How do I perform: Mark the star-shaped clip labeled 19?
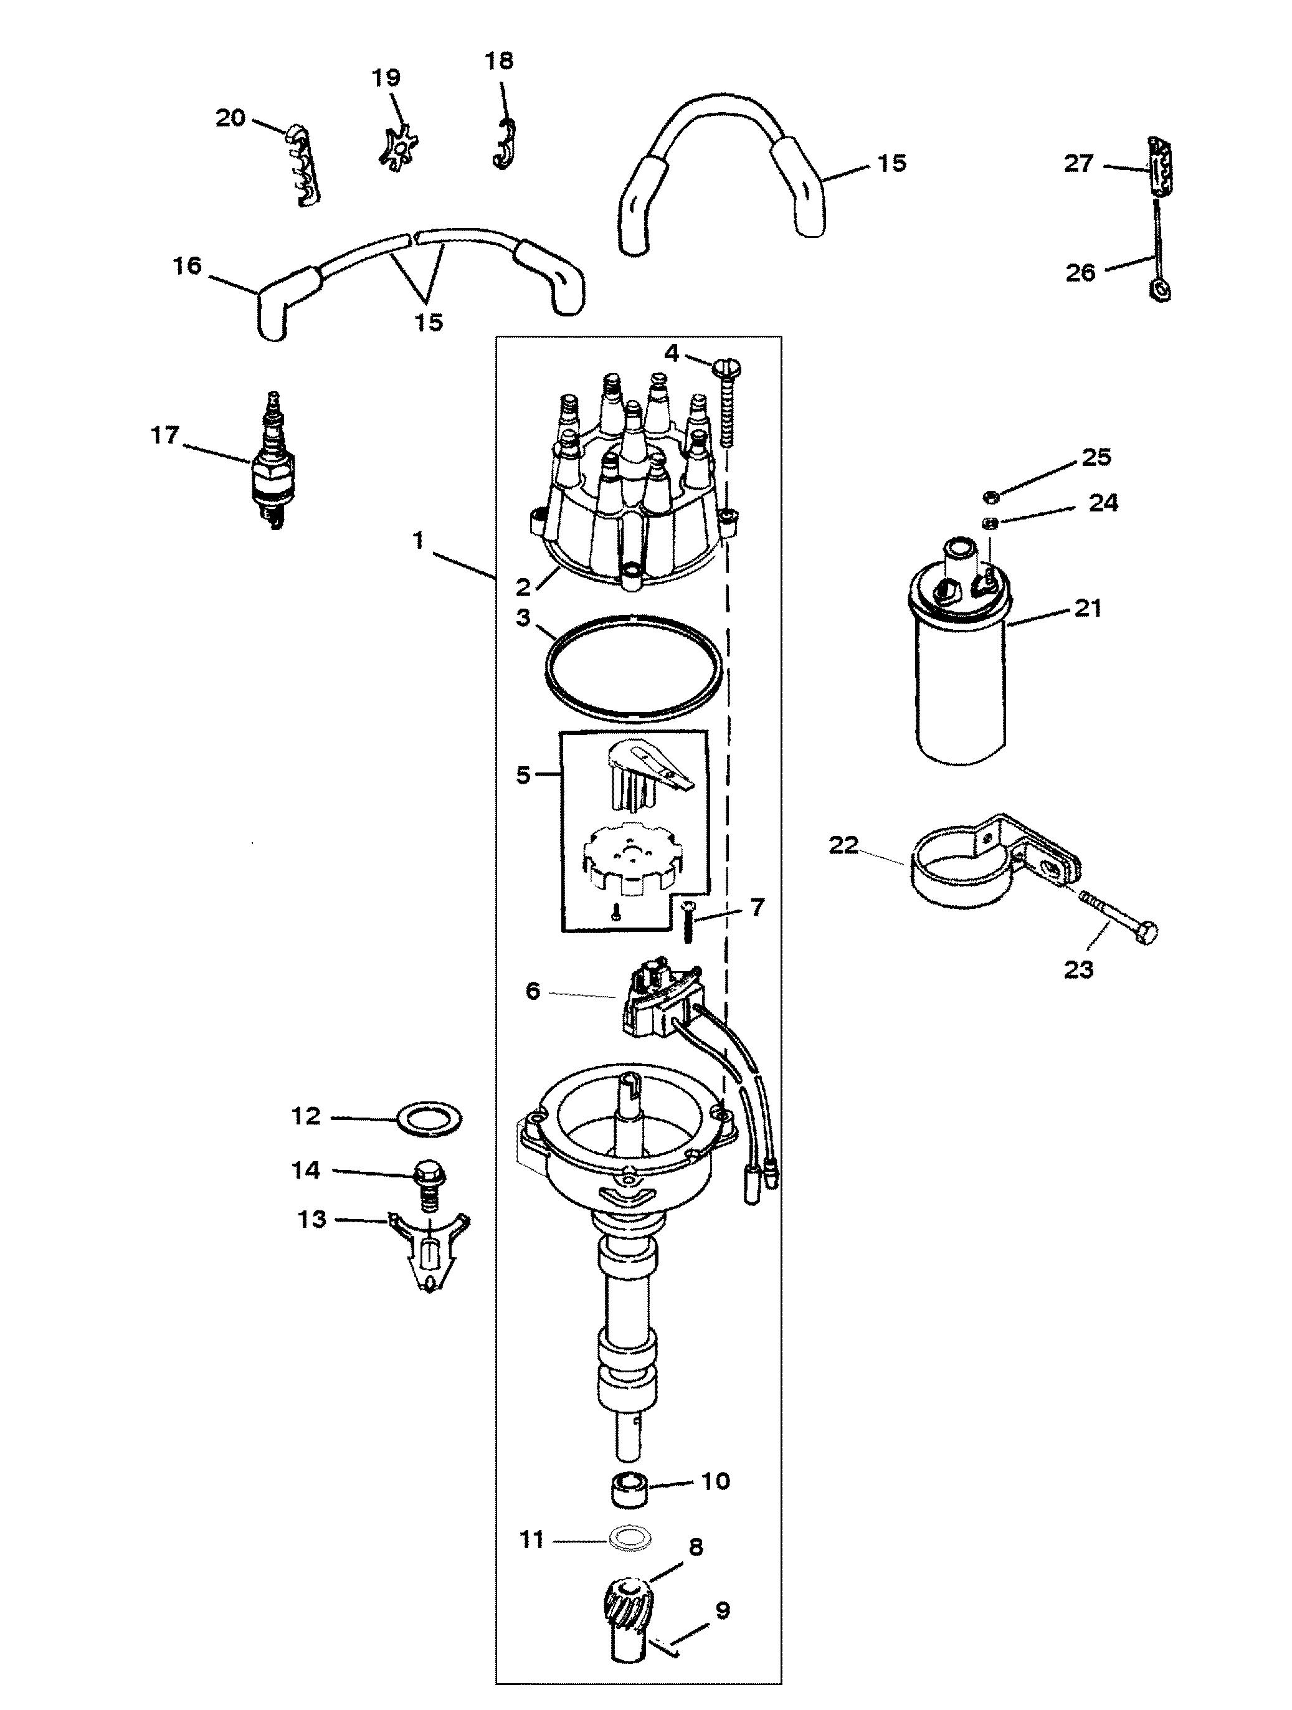click(x=398, y=144)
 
